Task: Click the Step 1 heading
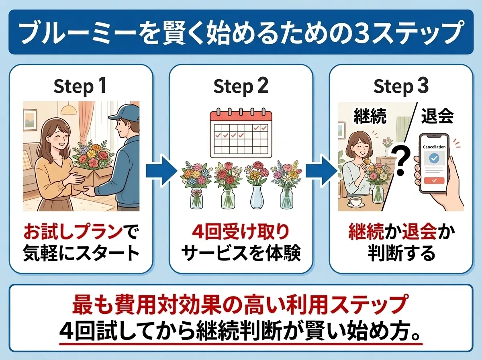click(80, 87)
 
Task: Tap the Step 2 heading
click(241, 87)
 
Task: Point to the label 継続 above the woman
click(370, 117)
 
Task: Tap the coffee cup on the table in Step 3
click(355, 201)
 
